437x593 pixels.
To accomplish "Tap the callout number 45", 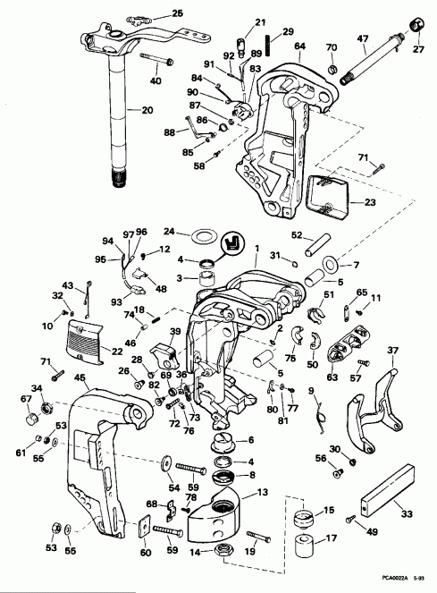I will (80, 378).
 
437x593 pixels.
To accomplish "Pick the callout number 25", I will (176, 13).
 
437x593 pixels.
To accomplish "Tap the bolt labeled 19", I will (255, 538).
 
